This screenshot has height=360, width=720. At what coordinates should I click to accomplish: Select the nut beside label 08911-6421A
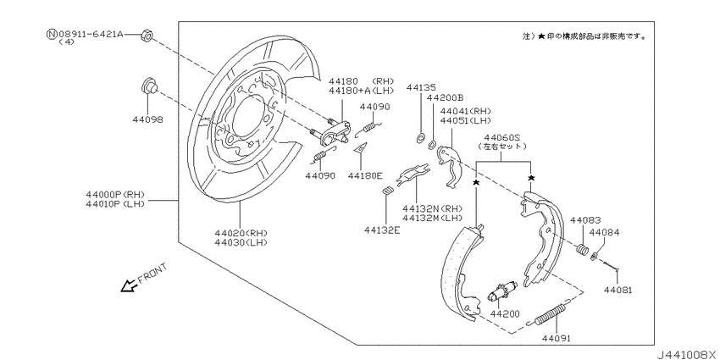(x=146, y=36)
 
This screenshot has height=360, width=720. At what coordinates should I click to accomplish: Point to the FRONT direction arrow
(x=130, y=285)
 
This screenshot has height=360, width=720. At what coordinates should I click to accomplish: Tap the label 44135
(x=420, y=87)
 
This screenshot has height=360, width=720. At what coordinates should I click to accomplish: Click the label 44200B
(x=446, y=98)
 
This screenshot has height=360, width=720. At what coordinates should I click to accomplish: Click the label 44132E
(x=382, y=229)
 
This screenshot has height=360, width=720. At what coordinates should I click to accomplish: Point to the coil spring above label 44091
(x=553, y=314)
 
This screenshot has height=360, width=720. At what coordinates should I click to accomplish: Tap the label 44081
(x=618, y=290)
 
